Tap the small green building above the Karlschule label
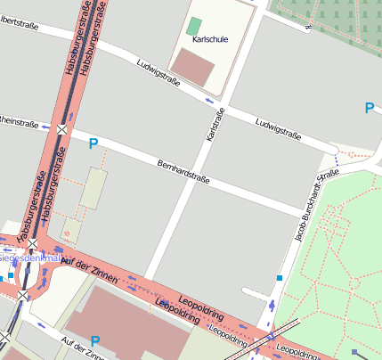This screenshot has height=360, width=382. coord(194,27)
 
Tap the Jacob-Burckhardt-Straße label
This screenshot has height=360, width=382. coord(314,206)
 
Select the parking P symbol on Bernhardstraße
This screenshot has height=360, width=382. coord(93,143)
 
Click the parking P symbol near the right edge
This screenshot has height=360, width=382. coord(369,109)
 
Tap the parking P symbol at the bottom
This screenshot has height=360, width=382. coord(95,340)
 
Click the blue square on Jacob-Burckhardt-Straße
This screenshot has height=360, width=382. coord(280,279)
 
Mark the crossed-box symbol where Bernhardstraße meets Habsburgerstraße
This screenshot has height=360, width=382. coord(61,129)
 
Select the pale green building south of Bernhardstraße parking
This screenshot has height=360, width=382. coord(93,189)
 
